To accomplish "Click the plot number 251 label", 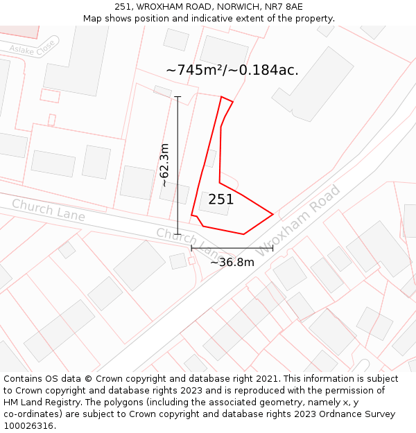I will [x=220, y=200].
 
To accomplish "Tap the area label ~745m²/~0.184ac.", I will [x=232, y=70].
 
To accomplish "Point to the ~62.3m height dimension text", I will [x=164, y=165].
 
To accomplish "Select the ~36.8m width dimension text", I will [x=232, y=262].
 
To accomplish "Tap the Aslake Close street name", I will [x=32, y=48].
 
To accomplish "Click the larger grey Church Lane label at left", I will [x=48, y=210].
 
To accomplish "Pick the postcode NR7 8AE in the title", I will [x=284, y=7].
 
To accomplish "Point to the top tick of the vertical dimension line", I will [x=177, y=97].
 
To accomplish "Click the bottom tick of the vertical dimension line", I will [x=177, y=235].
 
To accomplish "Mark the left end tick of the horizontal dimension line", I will [x=191, y=247].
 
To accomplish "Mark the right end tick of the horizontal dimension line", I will [x=272, y=247].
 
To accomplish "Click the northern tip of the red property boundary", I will [x=222, y=97].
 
